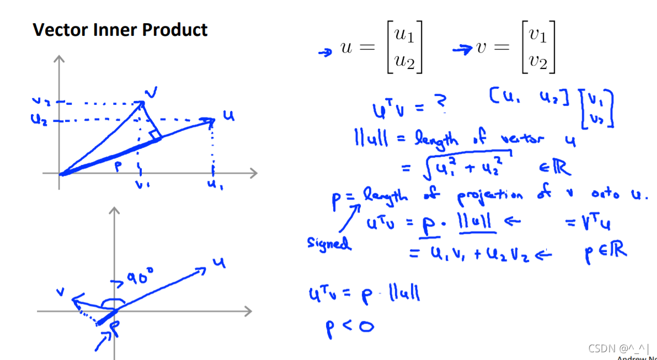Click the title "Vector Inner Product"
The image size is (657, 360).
pos(120,29)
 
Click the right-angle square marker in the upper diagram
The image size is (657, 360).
pos(155,133)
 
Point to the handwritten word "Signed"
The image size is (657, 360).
pos(329,243)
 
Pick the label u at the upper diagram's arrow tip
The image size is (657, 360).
pos(228,116)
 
